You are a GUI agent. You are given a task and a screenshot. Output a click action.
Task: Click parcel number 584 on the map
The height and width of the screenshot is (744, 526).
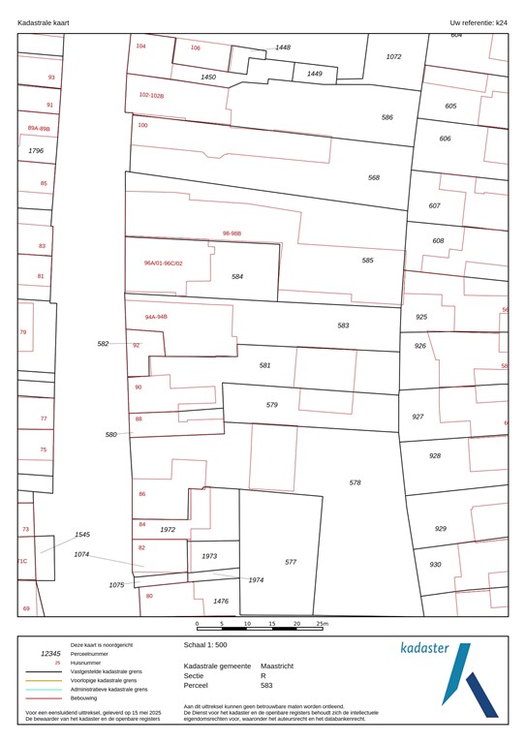237,277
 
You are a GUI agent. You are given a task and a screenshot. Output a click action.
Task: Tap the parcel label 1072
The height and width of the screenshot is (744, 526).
393,57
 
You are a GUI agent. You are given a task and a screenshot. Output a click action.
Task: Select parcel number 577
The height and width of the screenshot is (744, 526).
291,562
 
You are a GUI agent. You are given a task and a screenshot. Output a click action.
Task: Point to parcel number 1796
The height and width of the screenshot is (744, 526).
36,151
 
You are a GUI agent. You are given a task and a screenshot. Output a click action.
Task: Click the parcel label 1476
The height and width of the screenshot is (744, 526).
221,602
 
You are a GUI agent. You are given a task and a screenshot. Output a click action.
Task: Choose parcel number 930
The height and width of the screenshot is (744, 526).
435,565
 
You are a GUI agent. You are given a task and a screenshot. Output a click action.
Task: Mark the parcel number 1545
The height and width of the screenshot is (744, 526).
82,535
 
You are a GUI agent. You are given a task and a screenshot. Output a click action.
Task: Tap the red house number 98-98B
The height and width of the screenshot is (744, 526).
232,233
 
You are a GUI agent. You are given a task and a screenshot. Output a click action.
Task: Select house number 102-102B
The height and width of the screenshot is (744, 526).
152,96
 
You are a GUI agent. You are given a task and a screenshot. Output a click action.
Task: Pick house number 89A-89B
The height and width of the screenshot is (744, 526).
39,128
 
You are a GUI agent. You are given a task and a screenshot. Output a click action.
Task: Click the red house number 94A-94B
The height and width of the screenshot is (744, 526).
156,317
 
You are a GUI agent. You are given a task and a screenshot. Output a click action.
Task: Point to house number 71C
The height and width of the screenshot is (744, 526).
22,561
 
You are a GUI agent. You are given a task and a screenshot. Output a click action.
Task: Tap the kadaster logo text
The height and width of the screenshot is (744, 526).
424,648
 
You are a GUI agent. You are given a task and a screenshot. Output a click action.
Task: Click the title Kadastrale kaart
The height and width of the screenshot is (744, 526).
45,21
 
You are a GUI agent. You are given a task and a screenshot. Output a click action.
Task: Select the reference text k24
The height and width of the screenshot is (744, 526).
501,21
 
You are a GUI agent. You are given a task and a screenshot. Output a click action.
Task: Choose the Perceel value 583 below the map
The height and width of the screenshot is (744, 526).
267,685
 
